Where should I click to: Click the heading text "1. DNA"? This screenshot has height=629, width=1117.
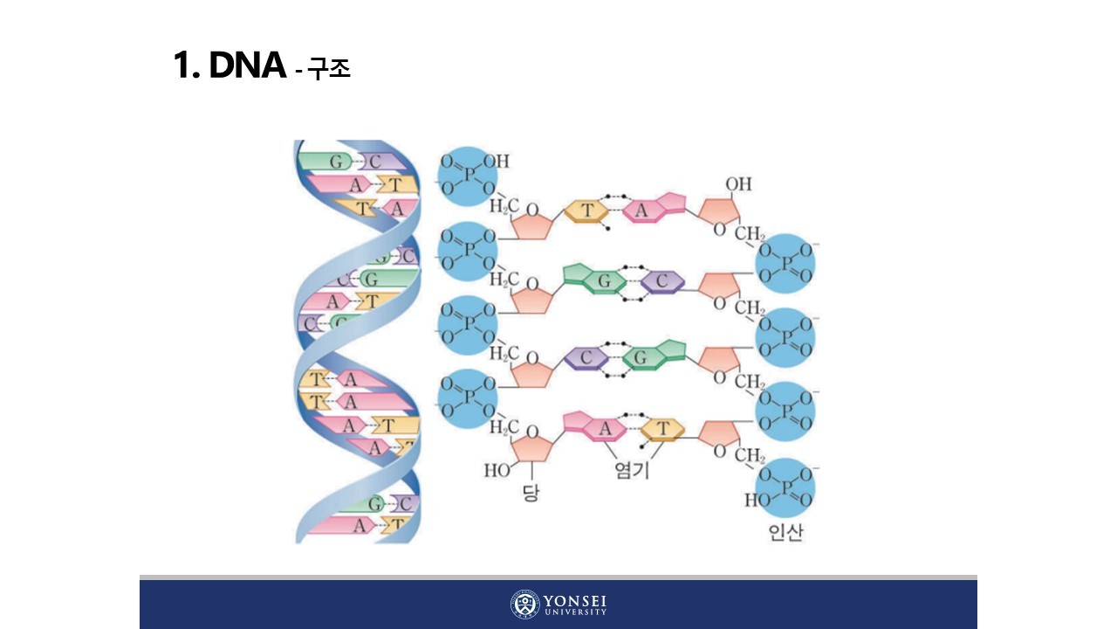230,66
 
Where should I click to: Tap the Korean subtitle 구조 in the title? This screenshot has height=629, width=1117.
329,69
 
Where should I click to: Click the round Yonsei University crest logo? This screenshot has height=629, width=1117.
525,605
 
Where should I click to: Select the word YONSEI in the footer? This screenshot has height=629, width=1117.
575,601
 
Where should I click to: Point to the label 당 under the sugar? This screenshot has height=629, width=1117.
531,494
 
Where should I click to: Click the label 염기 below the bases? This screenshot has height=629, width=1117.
632,472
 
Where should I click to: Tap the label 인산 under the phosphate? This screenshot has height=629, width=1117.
785,532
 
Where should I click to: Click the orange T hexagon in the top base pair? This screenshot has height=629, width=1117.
587,211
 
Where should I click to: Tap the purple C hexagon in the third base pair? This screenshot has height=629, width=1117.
586,356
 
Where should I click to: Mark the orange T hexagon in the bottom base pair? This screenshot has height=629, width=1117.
662,429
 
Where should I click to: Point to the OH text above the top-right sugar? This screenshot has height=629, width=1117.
738,184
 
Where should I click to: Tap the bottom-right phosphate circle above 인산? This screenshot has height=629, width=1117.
784,487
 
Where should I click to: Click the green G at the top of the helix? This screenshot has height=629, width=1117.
334,162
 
